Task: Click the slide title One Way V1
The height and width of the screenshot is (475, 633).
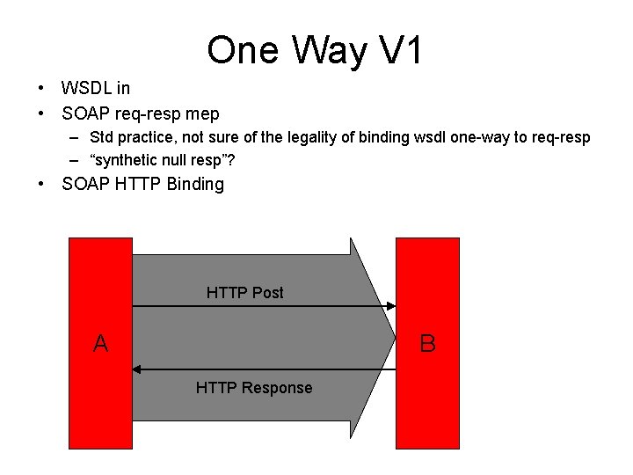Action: point(315,51)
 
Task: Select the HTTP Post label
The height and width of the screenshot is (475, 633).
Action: point(244,293)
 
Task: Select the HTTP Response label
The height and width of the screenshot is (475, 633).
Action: point(253,388)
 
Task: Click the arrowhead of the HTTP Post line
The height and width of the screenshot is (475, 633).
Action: point(390,306)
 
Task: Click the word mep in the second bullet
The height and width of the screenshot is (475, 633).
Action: point(203,114)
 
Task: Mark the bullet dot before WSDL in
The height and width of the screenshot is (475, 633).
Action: point(41,88)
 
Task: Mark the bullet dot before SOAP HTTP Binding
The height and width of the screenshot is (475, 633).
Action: point(41,185)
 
